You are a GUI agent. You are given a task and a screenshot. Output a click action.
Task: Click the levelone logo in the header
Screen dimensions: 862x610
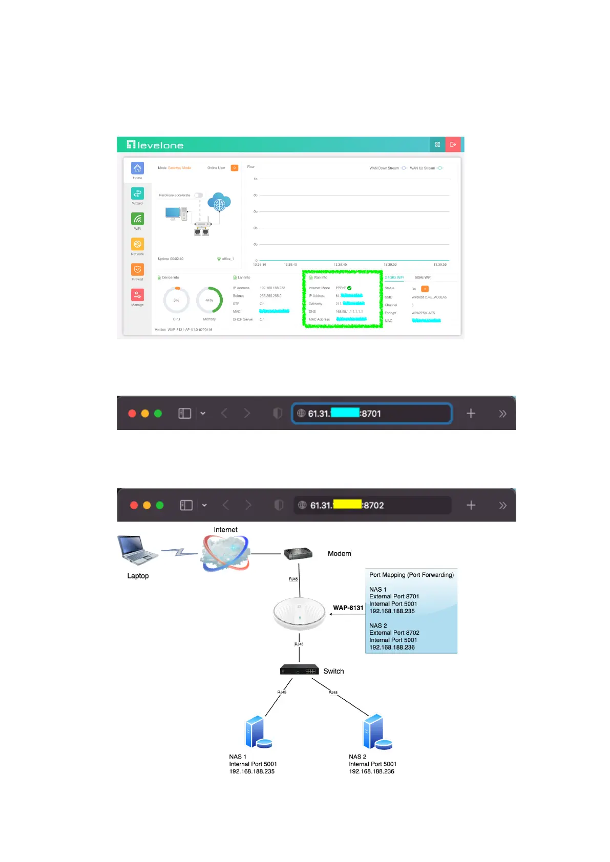(x=155, y=145)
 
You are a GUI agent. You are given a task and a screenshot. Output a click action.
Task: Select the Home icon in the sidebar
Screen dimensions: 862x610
(x=137, y=168)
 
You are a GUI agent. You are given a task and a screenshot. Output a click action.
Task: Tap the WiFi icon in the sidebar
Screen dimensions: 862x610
(x=137, y=219)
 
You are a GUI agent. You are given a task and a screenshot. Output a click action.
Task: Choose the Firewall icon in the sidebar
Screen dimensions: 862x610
(x=137, y=270)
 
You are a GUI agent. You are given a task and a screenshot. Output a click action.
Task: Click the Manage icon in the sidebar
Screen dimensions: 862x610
(x=137, y=295)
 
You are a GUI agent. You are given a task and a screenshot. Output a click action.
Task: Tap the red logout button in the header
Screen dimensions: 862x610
(x=453, y=145)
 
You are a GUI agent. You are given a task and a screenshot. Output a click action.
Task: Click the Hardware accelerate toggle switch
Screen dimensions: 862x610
(x=199, y=195)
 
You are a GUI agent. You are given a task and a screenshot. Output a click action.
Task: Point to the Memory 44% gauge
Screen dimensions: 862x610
(x=209, y=300)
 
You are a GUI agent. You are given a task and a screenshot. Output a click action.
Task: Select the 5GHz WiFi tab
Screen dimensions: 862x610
(x=423, y=277)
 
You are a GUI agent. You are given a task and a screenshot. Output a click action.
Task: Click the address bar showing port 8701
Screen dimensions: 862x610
(x=371, y=414)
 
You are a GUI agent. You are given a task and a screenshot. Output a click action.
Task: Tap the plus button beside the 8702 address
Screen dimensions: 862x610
(x=471, y=505)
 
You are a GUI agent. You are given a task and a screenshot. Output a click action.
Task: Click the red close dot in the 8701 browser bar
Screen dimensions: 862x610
(x=132, y=414)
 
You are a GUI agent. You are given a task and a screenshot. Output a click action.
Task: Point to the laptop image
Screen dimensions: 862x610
(x=137, y=550)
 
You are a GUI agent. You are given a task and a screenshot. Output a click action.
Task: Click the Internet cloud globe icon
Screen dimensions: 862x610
(x=226, y=553)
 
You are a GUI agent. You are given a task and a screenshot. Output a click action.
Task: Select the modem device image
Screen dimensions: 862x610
(x=298, y=553)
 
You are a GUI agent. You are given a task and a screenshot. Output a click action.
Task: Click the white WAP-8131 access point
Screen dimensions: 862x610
(x=300, y=613)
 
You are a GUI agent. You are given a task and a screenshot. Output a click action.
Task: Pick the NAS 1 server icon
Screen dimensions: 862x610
(x=258, y=732)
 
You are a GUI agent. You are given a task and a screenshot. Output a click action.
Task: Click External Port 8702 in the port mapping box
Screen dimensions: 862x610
(x=394, y=633)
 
